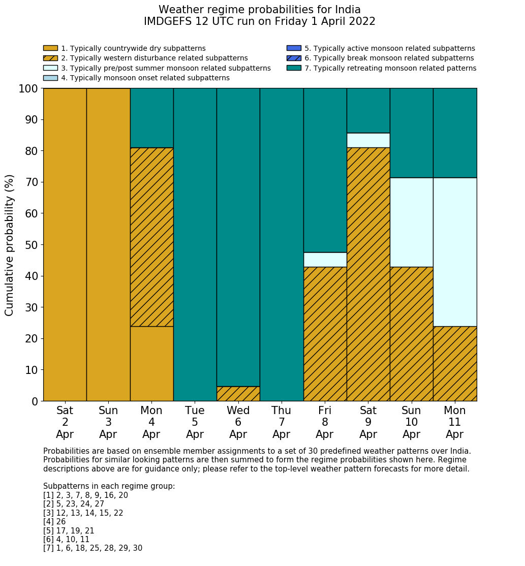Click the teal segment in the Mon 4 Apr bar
click(x=151, y=118)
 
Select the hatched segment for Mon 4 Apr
click(x=151, y=237)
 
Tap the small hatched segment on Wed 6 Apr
click(x=238, y=394)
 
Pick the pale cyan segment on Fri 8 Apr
click(x=325, y=260)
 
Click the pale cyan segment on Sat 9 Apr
click(x=368, y=140)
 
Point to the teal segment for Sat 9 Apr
click(x=368, y=110)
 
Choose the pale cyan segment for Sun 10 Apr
click(x=411, y=222)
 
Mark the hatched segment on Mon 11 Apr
click(x=455, y=363)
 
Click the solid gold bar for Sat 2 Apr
click(x=65, y=244)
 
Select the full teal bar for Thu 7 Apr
click(x=282, y=244)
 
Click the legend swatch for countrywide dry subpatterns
click(x=50, y=48)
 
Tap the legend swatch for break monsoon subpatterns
click(x=294, y=58)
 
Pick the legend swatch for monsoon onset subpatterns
click(x=50, y=78)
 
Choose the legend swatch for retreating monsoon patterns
click(x=294, y=68)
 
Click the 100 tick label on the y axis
click(x=28, y=89)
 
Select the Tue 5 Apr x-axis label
click(x=195, y=422)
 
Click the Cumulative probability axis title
click(x=10, y=245)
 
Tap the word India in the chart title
click(x=344, y=10)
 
